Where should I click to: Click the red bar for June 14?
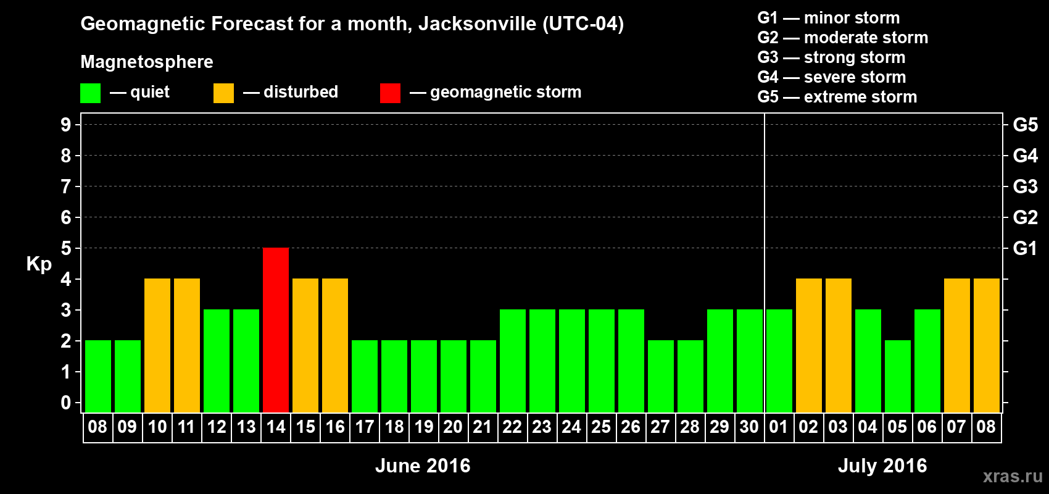[276, 330]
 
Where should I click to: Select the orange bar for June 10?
[157, 345]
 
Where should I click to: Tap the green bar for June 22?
[513, 361]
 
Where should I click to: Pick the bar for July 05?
[898, 376]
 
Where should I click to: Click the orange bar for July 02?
[809, 345]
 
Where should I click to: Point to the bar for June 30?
[750, 361]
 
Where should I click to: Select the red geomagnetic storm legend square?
[390, 93]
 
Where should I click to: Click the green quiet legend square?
[91, 93]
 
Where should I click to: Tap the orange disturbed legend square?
[223, 93]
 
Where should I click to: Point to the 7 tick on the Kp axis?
[66, 186]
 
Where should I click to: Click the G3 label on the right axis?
[1025, 186]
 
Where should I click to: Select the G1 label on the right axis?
[1025, 248]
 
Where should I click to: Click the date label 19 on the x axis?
[424, 427]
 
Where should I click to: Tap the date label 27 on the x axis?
[660, 427]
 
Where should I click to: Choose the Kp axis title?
[39, 264]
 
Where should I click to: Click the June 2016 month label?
[423, 466]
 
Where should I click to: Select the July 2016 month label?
[882, 466]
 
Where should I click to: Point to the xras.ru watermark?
[1013, 476]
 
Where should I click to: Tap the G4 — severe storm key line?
[832, 77]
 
